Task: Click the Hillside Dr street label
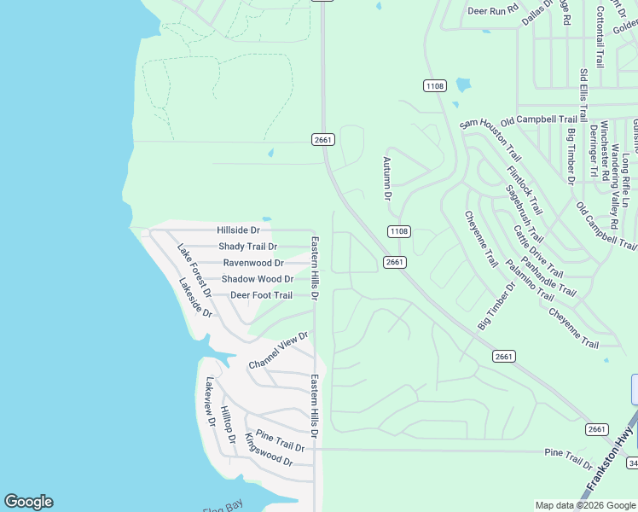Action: tap(238, 230)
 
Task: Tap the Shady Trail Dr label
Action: tap(247, 247)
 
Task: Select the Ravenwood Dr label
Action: tap(253, 263)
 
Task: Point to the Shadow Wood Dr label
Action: tap(258, 279)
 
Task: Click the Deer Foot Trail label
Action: tap(261, 295)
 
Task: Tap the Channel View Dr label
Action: tap(278, 351)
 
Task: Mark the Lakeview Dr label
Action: tap(209, 402)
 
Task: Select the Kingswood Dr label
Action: tap(268, 450)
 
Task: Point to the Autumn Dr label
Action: tap(386, 178)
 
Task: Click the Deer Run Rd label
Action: tap(493, 11)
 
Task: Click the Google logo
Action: tap(28, 502)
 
